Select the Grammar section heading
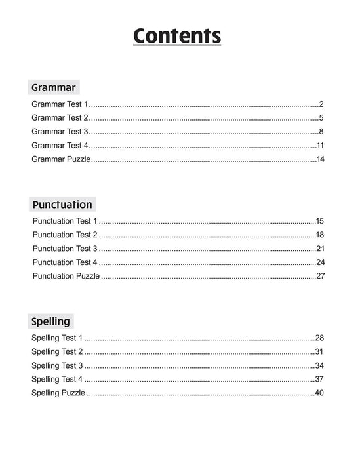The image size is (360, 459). coord(53,87)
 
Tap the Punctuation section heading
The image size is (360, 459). coord(62,205)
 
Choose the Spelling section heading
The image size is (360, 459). coord(51,322)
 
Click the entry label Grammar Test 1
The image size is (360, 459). coord(60,104)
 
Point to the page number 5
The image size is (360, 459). coord(322,118)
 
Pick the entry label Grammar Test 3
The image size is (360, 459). coord(60,132)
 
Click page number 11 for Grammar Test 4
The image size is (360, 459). coord(321,146)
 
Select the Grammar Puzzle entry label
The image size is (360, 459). coord(61,159)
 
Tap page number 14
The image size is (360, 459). coord(321,159)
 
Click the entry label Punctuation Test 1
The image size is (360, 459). coord(65,221)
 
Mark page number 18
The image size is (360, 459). coord(321,235)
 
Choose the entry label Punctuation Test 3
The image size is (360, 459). coord(65,249)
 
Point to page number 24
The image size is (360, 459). coord(321,262)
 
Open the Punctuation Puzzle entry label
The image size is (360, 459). coord(66,276)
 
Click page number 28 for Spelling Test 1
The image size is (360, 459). coord(320,338)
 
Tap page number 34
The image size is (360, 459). coord(320,365)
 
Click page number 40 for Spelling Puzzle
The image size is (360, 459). coord(320,393)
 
